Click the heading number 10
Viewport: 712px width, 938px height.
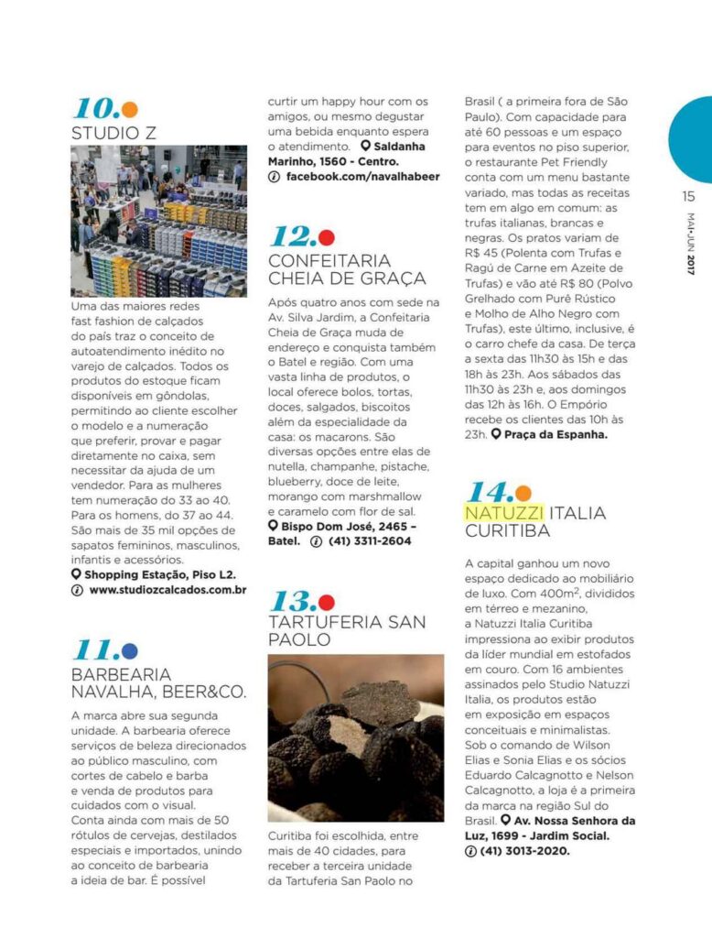pos(95,108)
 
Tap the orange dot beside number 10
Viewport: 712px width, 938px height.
pos(130,110)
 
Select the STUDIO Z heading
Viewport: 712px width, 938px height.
pos(113,133)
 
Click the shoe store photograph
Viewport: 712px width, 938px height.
pos(158,221)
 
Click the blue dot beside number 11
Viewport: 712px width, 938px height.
pos(130,651)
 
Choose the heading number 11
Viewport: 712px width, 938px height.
pos(95,650)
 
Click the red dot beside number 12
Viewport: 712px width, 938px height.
pos(327,238)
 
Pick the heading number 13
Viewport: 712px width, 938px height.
pos(292,602)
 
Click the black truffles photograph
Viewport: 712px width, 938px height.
pos(356,737)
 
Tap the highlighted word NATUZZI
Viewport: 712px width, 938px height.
pos(504,512)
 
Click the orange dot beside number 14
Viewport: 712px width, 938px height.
pos(523,493)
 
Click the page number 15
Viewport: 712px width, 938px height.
pos(688,196)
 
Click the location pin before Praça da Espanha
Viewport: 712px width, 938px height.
pos(495,434)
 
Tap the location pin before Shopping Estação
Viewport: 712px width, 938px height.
pos(76,574)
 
